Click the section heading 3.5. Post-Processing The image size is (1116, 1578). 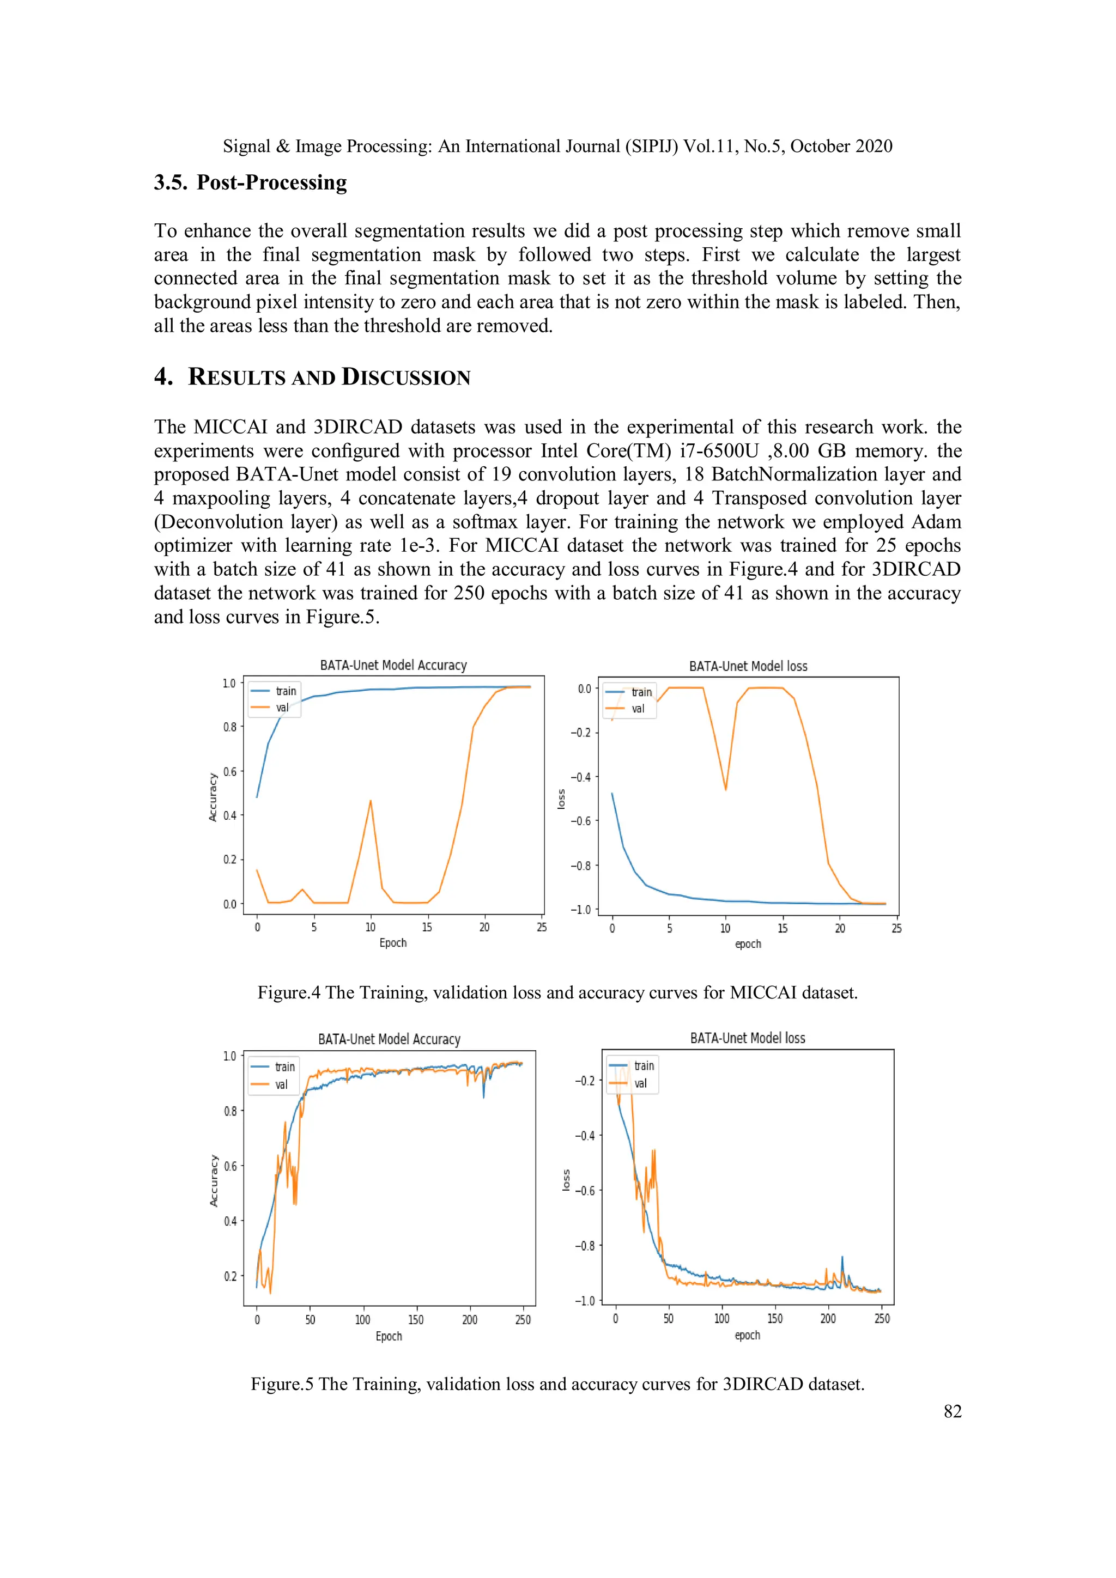[x=250, y=183]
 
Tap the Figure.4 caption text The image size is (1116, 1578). [x=557, y=992]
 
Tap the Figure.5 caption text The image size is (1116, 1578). [x=557, y=1384]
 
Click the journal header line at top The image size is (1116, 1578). [x=557, y=147]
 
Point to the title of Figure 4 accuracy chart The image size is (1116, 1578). [x=393, y=665]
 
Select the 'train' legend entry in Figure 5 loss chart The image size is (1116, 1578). [x=644, y=1066]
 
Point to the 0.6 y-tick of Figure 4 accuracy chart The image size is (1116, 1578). [x=229, y=771]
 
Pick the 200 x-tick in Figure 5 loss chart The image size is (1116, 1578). [x=828, y=1318]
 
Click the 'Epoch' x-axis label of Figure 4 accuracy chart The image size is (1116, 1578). [x=393, y=943]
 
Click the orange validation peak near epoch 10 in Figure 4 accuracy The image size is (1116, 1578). [x=371, y=801]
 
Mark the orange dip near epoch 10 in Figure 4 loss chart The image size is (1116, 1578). [x=725, y=789]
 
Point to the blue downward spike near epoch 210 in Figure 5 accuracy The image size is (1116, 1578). [x=483, y=1096]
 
